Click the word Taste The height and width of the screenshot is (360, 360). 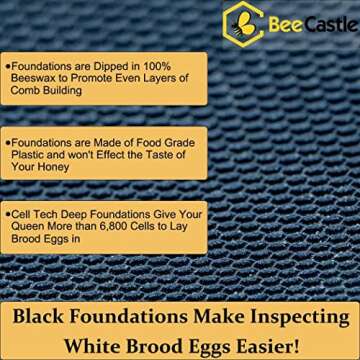pyautogui.click(x=162, y=152)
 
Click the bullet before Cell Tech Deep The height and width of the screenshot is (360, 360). pyautogui.click(x=8, y=214)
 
